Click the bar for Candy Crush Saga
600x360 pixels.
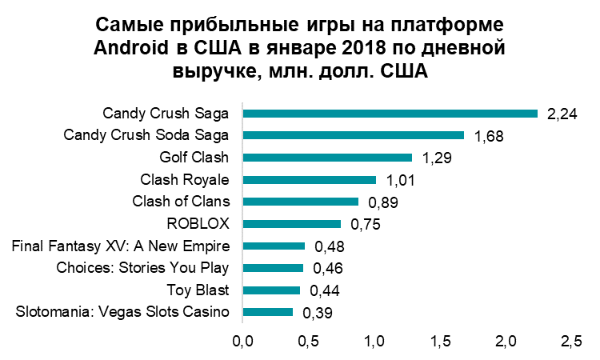tap(390, 113)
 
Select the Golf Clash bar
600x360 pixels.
tap(327, 158)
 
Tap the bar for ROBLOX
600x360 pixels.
tap(291, 224)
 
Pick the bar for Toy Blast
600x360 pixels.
tap(271, 290)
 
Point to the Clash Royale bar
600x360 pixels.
tap(309, 180)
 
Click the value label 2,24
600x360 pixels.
tap(562, 115)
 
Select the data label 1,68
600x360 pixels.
tap(489, 137)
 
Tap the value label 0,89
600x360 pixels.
tap(383, 203)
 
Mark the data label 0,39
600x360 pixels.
tap(318, 314)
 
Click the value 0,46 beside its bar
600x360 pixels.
tap(328, 269)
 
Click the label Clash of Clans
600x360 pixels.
tap(180, 201)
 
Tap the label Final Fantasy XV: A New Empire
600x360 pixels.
tap(121, 245)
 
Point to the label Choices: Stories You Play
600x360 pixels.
tap(143, 267)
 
